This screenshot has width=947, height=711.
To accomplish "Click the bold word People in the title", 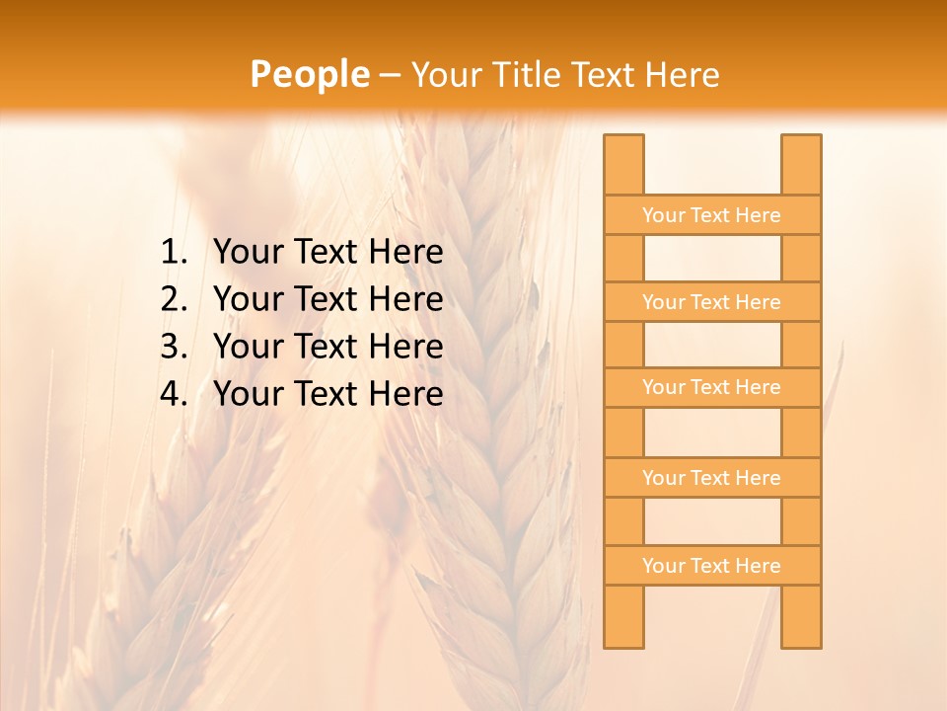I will click(x=309, y=74).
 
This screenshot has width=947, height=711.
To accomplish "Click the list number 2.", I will click(x=173, y=299).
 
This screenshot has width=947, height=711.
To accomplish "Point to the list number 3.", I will click(x=173, y=347).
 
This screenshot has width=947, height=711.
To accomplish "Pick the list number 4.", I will click(x=173, y=394).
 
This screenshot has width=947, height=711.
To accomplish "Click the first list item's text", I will click(x=328, y=253).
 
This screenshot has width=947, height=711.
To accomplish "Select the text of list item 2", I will click(x=328, y=299).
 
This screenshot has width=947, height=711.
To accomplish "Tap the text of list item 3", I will click(x=328, y=347).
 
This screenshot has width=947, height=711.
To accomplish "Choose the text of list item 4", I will click(x=328, y=394).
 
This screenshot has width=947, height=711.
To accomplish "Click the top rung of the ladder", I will click(x=711, y=215).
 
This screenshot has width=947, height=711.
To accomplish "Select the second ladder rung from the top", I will click(x=711, y=302).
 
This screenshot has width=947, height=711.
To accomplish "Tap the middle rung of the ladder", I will click(x=711, y=388).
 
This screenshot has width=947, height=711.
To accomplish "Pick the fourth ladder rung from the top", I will click(x=711, y=478).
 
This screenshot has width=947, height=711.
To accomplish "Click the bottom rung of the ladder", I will click(x=711, y=566).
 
